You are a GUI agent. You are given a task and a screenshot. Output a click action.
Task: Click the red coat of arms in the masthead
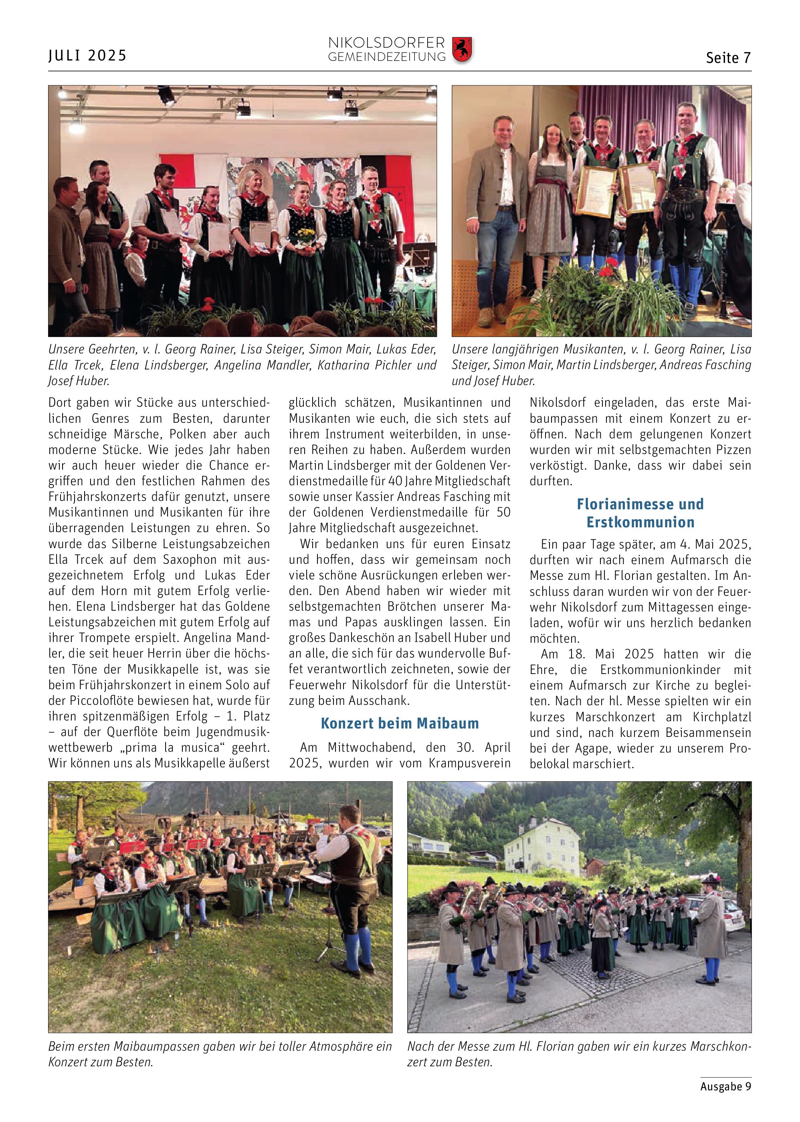point(462,49)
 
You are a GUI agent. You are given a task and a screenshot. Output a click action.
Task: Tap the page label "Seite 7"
point(728,58)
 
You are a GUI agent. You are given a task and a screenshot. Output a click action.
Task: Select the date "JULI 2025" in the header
point(88,55)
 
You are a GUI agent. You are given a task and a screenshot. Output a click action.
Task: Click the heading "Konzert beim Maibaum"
point(400,723)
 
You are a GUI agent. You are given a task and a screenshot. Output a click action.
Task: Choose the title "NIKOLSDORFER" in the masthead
point(386,43)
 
